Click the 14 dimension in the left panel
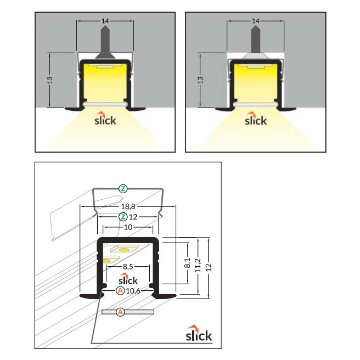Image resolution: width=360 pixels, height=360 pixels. pos(105,21)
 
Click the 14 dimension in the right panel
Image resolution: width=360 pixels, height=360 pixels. pos(256,21)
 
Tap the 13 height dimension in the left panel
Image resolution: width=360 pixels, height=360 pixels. pos(50,80)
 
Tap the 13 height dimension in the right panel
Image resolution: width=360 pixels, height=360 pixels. pos(200,80)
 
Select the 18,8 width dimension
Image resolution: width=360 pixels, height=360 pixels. pos(128,206)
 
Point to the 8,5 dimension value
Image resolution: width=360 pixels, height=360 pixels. pos(128,267)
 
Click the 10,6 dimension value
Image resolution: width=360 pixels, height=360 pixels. pos(133,291)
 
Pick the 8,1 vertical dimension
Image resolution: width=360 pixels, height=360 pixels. pos(187,263)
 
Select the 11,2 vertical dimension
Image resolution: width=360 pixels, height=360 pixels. pos(198,266)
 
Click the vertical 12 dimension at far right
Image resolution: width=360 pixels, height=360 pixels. pos(209,267)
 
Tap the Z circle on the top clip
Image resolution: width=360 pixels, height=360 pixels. pos(123,189)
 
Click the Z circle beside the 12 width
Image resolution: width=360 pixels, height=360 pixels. pos(123,217)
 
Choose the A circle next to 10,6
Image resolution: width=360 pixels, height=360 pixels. pos(120,291)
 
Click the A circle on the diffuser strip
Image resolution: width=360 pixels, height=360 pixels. pos(120,312)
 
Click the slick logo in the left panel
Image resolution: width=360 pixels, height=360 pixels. pos(105,119)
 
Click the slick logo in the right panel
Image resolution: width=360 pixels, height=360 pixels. pos(256,119)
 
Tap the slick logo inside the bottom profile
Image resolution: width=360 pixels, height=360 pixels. pos(128,279)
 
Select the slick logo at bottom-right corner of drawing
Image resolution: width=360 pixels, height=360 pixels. pos(199,333)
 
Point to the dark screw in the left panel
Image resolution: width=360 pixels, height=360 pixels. pos(105,43)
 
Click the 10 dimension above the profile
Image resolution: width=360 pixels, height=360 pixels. pos(128,227)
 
